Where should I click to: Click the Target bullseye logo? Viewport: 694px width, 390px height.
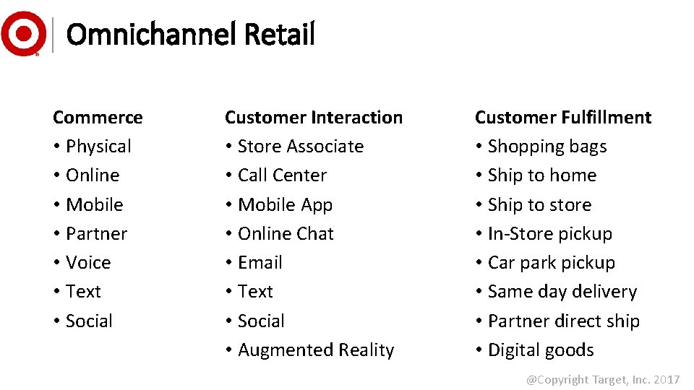(x=23, y=33)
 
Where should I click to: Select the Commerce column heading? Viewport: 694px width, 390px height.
(x=98, y=117)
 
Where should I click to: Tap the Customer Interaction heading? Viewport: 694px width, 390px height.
(x=313, y=117)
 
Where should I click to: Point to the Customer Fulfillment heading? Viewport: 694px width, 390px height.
(x=562, y=117)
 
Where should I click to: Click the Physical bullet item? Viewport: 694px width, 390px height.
(x=98, y=147)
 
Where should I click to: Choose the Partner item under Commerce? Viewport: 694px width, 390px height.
(x=96, y=234)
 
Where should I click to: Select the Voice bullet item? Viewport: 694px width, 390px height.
(x=88, y=263)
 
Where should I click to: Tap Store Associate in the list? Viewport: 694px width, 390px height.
(x=300, y=147)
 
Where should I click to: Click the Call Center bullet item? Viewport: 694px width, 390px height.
(x=282, y=175)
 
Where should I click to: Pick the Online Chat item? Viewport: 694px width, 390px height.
(x=286, y=234)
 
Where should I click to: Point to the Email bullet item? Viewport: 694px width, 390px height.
(x=260, y=263)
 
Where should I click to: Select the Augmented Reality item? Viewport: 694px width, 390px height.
(x=316, y=350)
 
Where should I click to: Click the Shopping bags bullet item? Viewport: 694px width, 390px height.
(x=547, y=147)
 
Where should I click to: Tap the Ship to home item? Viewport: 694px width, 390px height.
(x=541, y=175)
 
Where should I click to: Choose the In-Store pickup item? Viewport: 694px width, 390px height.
(x=549, y=234)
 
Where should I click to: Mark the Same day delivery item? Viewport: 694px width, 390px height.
(x=562, y=292)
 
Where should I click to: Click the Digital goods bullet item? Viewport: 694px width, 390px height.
(x=540, y=350)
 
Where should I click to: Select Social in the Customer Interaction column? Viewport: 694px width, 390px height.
(x=261, y=321)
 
